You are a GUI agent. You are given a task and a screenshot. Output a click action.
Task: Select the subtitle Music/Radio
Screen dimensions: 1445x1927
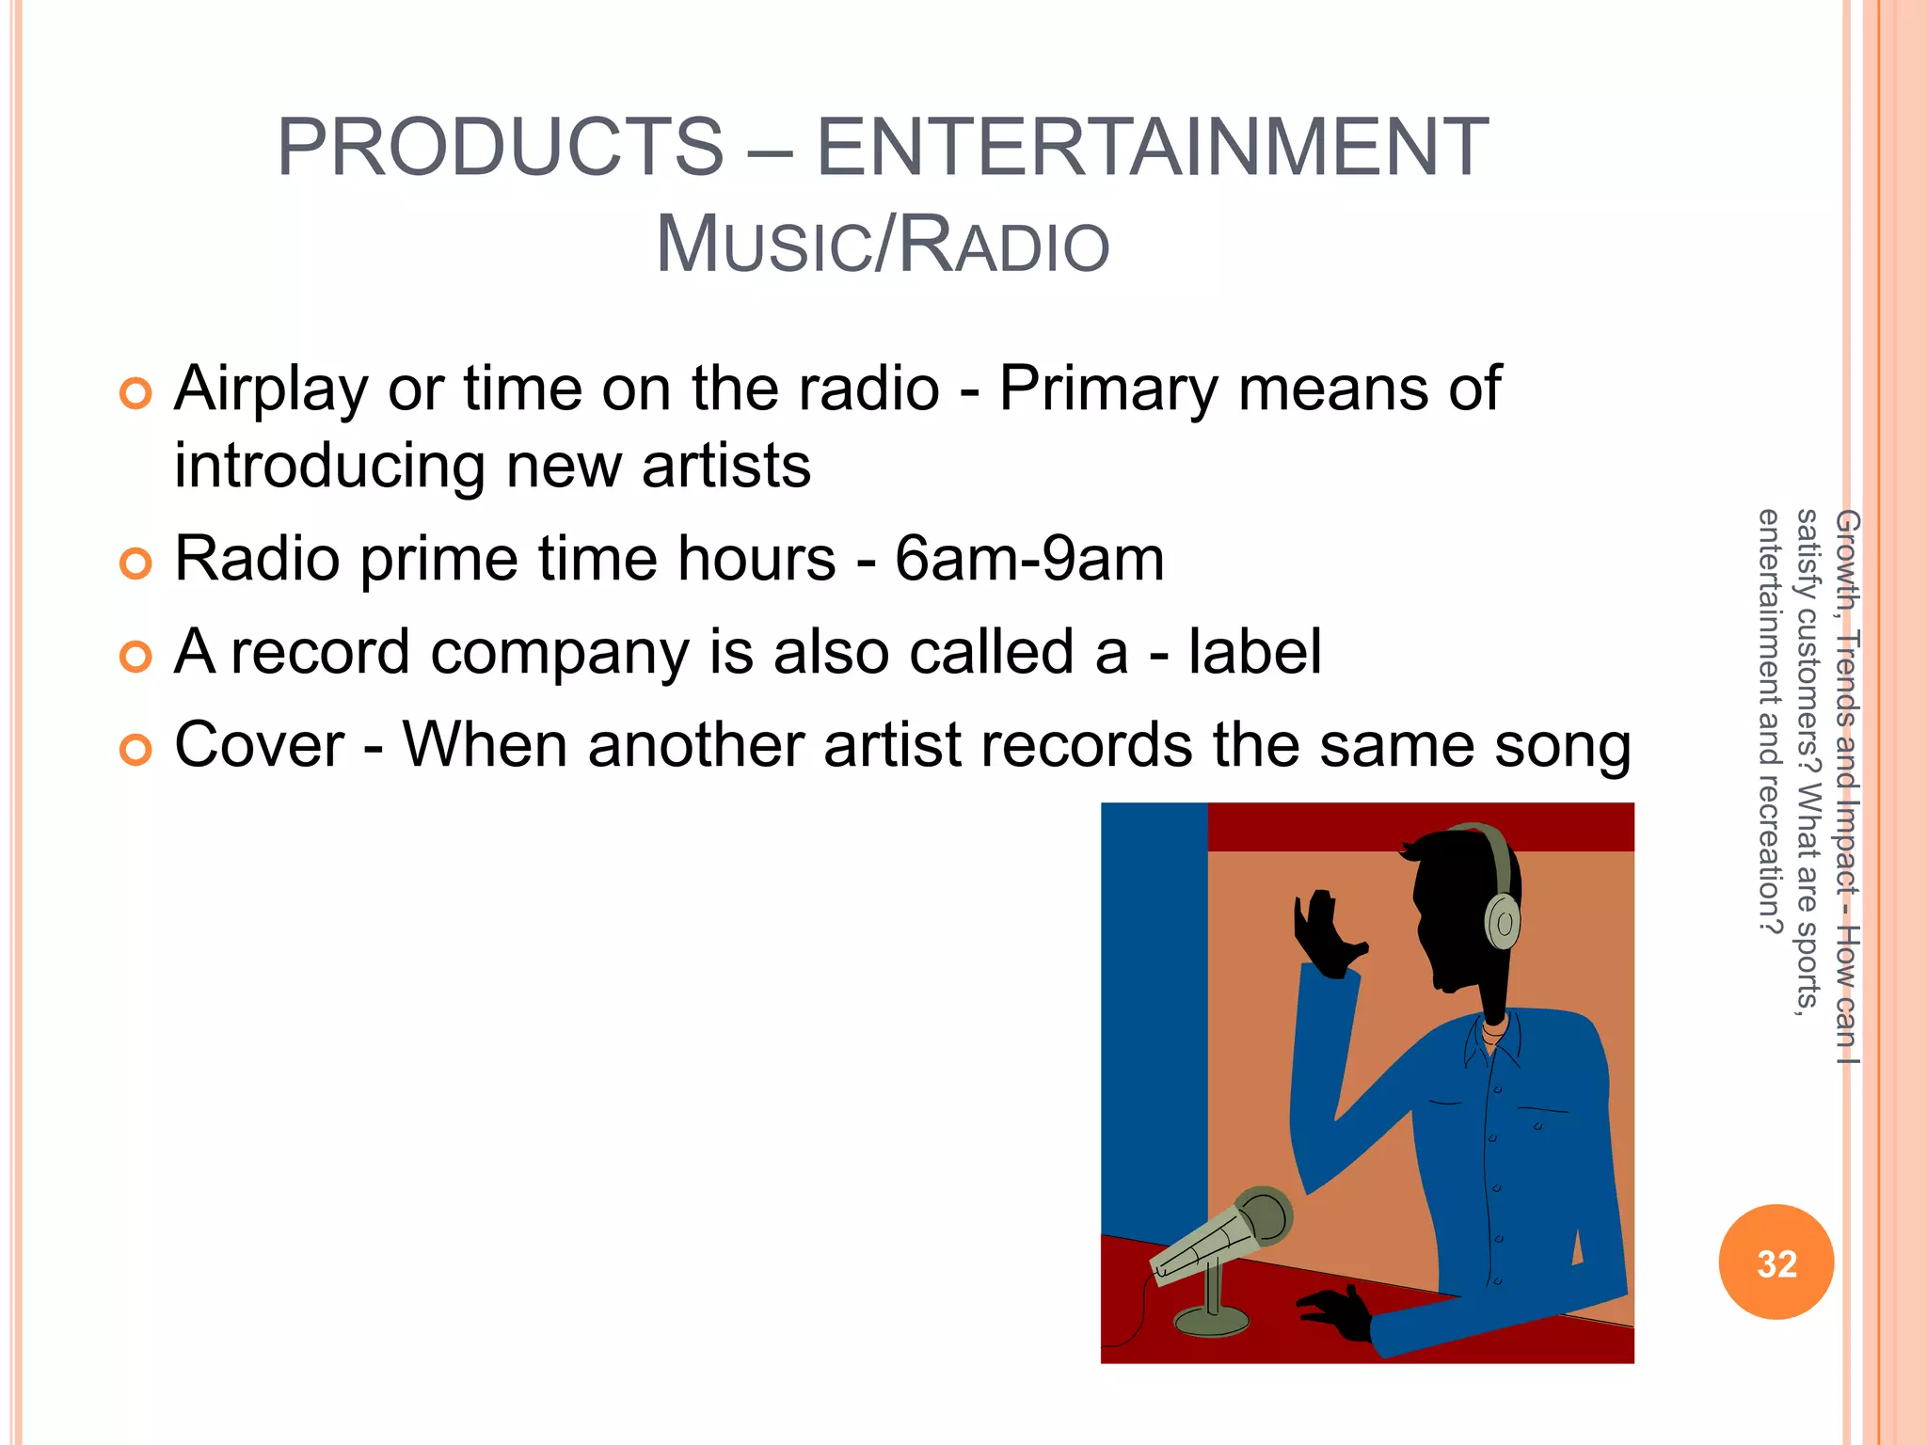[x=883, y=245]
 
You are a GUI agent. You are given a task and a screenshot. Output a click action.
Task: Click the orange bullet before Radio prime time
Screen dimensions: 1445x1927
[x=135, y=564]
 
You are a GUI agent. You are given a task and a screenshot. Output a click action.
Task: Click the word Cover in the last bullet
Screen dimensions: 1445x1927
[x=260, y=745]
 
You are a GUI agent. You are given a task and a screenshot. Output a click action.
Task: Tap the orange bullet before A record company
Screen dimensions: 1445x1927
[x=135, y=657]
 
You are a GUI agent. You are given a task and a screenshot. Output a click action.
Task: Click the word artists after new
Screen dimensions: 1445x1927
[x=725, y=466]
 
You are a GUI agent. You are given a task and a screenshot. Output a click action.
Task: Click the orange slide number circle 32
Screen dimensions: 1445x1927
[x=1776, y=1262]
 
